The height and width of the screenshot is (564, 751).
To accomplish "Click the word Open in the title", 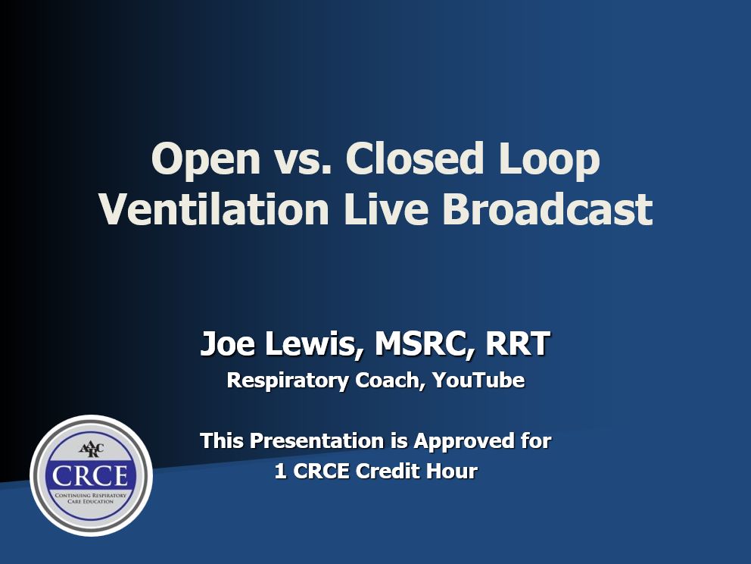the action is click(x=205, y=160).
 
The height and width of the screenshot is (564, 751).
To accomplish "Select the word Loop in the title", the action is click(x=549, y=160).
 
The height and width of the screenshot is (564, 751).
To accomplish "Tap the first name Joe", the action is click(x=228, y=343).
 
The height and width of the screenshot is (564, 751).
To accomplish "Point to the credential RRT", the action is click(x=518, y=343).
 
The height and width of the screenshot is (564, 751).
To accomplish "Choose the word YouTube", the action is click(x=478, y=380).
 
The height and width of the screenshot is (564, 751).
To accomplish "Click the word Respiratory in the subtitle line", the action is click(x=288, y=381).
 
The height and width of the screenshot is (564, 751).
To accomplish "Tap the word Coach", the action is click(x=391, y=381).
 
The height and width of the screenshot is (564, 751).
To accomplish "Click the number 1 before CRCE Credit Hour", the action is click(x=280, y=471).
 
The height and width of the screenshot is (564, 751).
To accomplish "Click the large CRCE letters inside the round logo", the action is click(x=91, y=476).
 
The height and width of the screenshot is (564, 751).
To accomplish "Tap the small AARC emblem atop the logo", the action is click(x=91, y=450).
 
